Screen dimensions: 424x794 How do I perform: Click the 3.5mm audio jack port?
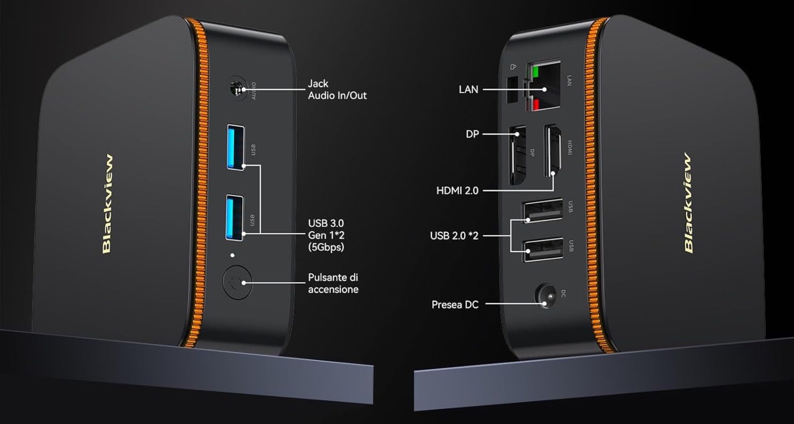click(x=237, y=89)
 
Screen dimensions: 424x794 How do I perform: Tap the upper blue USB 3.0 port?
click(x=236, y=147)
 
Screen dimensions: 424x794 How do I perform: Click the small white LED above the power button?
click(x=233, y=255)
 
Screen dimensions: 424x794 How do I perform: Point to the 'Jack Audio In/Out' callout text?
click(x=337, y=90)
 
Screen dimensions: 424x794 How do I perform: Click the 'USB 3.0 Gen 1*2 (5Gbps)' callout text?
click(x=326, y=235)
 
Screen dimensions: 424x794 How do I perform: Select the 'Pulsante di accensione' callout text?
click(x=333, y=283)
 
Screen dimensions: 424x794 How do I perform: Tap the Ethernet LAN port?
click(x=543, y=87)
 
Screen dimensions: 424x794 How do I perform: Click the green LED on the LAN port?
click(x=535, y=71)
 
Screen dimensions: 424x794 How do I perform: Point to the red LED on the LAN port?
click(x=535, y=104)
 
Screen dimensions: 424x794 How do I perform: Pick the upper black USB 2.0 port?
click(x=543, y=211)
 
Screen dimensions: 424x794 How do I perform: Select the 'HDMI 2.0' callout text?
click(x=457, y=191)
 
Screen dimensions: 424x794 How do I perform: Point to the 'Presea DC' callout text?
click(x=455, y=305)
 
